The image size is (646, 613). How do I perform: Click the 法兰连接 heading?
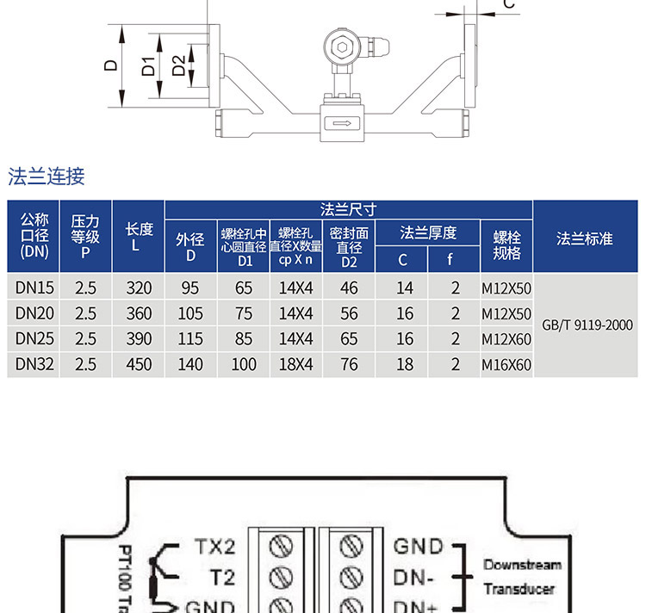pyautogui.click(x=47, y=177)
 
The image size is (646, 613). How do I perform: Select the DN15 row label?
pyautogui.click(x=34, y=288)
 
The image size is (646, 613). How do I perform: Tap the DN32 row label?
pyautogui.click(x=34, y=364)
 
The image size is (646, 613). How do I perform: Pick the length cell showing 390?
pyautogui.click(x=139, y=338)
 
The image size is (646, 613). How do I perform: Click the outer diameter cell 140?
pyautogui.click(x=189, y=364)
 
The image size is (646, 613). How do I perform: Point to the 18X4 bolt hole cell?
pyautogui.click(x=296, y=364)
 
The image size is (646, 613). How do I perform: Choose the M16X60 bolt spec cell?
pyautogui.click(x=506, y=365)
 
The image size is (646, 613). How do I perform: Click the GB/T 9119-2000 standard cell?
pyautogui.click(x=587, y=325)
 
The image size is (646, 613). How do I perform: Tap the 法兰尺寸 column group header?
pyautogui.click(x=348, y=209)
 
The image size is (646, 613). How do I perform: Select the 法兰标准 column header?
pyautogui.click(x=585, y=238)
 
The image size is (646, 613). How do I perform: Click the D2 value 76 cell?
pyautogui.click(x=349, y=364)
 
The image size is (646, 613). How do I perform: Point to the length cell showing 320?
pyautogui.click(x=139, y=288)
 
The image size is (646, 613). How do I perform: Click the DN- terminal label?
pyautogui.click(x=413, y=577)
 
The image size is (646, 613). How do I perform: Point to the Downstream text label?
pyautogui.click(x=522, y=566)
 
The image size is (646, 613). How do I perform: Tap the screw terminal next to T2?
pyautogui.click(x=281, y=576)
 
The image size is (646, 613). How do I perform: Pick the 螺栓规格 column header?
pyautogui.click(x=506, y=245)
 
